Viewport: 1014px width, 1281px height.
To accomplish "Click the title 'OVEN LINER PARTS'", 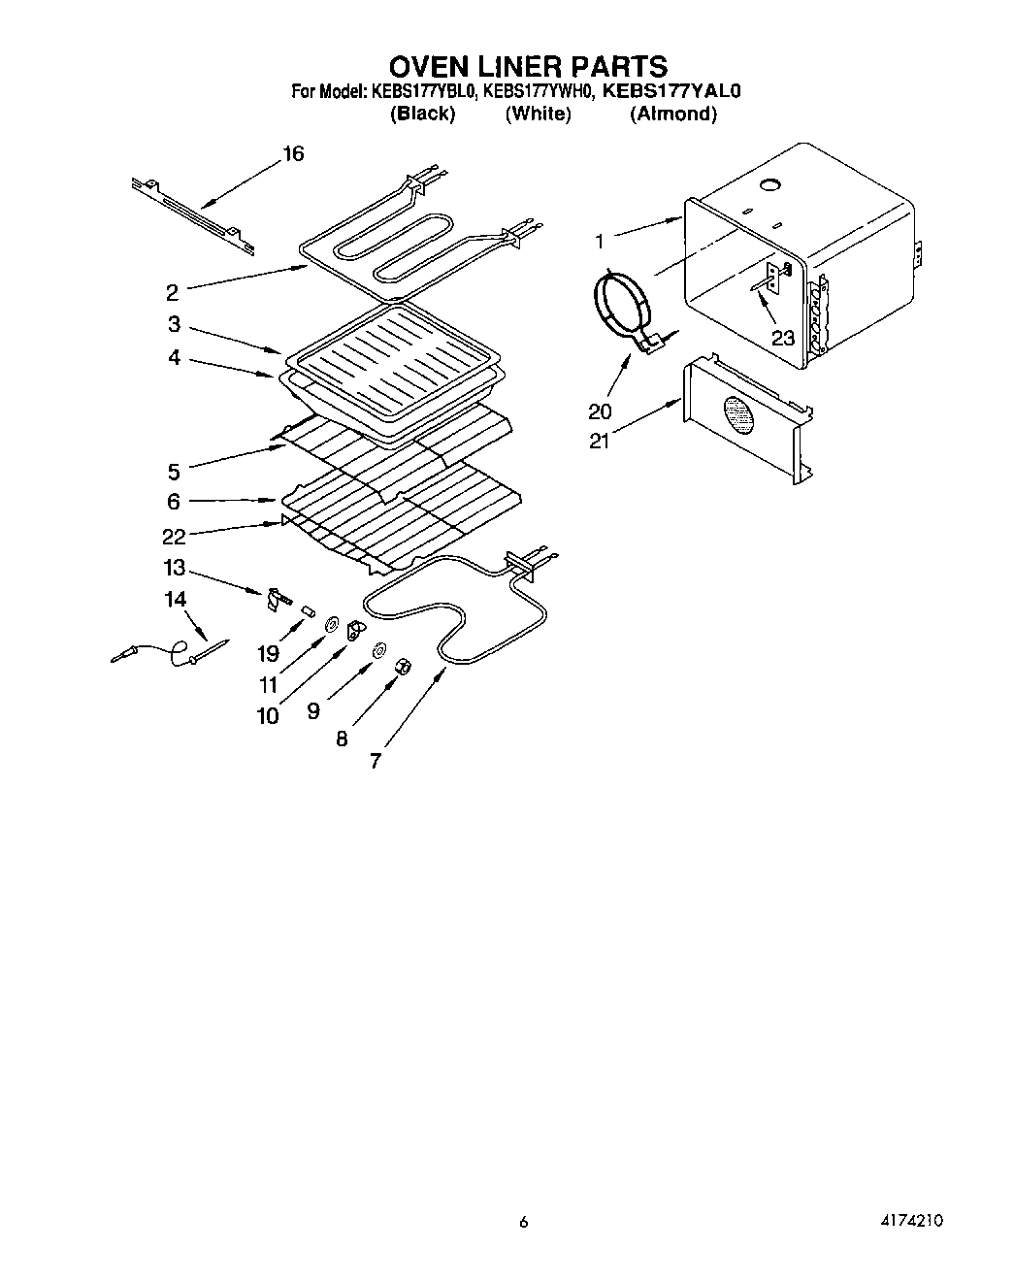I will coord(528,66).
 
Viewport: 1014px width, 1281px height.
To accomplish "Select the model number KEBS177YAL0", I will coord(671,92).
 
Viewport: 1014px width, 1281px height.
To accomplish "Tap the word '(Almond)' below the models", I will coord(673,114).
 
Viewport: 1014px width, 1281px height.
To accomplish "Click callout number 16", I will coord(292,153).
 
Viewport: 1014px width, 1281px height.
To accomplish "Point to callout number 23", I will coord(782,339).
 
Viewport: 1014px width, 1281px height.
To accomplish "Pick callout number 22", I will coord(174,537).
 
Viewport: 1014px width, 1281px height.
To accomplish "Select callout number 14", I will coord(175,600).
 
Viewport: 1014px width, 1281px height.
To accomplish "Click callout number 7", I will coord(376,761).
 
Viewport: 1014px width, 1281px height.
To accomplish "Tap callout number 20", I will coord(600,411).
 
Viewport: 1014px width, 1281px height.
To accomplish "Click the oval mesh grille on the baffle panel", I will coord(740,415).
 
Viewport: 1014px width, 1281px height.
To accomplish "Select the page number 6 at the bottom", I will coord(523,1223).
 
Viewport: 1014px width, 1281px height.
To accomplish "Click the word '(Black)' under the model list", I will coord(422,114).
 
